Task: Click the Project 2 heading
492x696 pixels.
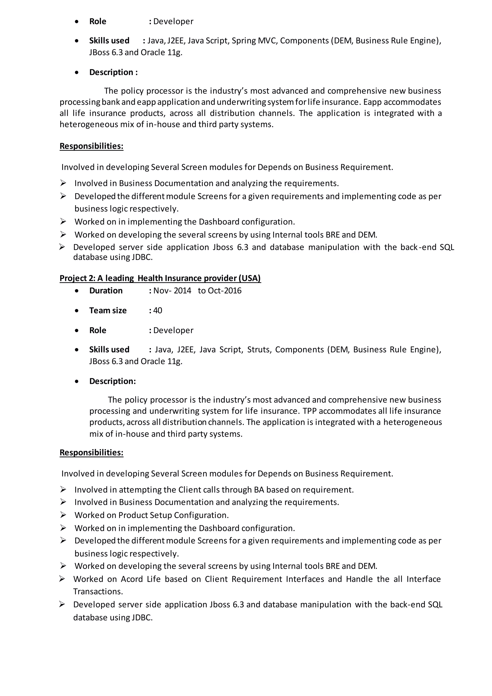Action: [x=160, y=278]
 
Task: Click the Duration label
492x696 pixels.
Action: [x=106, y=291]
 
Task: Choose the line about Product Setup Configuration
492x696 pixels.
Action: [x=152, y=515]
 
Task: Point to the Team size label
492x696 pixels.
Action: [x=108, y=311]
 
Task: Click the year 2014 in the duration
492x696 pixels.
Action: [x=182, y=291]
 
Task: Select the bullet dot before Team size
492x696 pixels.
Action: [x=77, y=311]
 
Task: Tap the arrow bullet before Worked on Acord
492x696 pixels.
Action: [x=62, y=579]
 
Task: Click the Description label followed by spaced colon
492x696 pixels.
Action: [x=113, y=72]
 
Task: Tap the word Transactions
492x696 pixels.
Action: [x=98, y=591]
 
